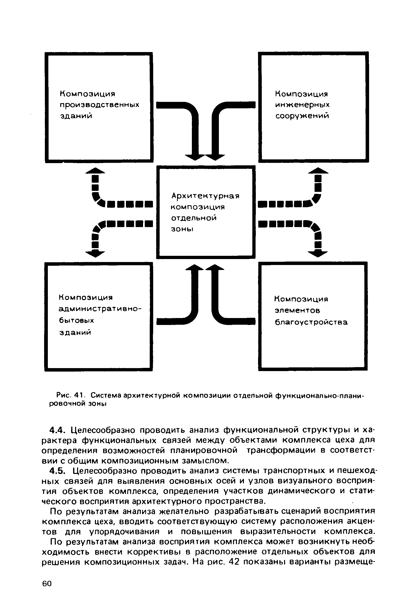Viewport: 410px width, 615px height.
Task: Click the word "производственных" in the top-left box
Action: click(x=99, y=105)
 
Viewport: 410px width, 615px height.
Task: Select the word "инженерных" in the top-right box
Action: click(x=302, y=105)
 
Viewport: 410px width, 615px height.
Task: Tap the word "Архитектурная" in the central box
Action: click(x=205, y=196)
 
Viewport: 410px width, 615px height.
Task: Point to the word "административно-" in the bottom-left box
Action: click(x=100, y=309)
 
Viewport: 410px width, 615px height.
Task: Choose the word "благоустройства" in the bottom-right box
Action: click(x=311, y=322)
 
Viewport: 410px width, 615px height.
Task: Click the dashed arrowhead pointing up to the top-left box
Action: click(x=95, y=171)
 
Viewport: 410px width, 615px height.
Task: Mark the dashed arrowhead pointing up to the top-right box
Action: click(x=318, y=171)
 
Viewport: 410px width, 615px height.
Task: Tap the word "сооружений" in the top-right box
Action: click(x=302, y=116)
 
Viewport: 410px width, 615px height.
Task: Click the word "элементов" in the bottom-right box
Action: click(x=297, y=311)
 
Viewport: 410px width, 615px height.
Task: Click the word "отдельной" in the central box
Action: click(x=194, y=218)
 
